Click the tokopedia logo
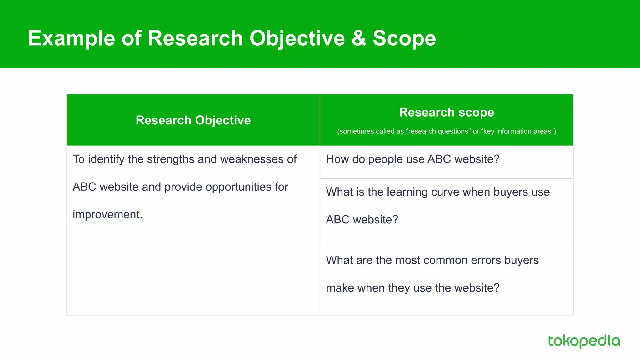coord(584,341)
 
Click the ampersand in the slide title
coord(359,38)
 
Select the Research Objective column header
coord(193,120)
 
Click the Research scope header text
coord(446,112)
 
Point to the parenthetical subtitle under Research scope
coord(446,131)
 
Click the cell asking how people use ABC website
coord(412,159)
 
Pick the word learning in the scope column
coord(407,192)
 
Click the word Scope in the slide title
coord(404,38)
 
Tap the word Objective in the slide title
coord(297,38)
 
